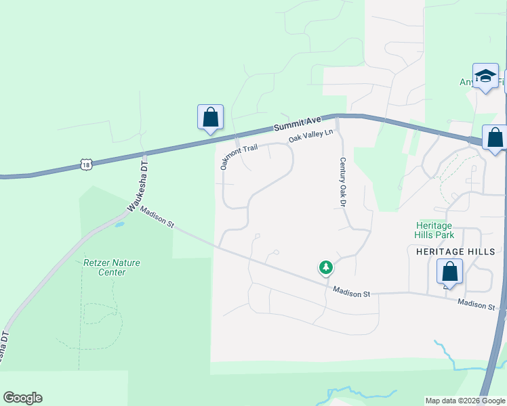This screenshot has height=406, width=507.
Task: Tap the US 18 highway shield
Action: (85, 164)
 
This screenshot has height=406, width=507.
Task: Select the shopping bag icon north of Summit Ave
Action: (211, 117)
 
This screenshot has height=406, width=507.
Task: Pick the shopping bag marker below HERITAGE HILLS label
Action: (450, 272)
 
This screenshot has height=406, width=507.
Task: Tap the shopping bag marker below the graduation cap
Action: (495, 138)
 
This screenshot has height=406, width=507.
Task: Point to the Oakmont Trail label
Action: (239, 155)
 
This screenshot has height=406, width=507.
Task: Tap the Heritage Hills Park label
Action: (434, 230)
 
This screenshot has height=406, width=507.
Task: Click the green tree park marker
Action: (326, 269)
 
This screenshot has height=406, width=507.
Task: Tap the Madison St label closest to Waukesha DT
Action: (157, 218)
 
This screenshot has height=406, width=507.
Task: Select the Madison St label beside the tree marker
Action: (352, 292)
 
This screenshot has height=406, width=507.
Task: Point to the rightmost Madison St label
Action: (476, 304)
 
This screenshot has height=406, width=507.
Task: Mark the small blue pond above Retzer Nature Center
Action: (119, 223)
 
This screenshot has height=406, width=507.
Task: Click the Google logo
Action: (22, 398)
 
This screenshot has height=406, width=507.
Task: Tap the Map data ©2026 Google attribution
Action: (464, 401)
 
